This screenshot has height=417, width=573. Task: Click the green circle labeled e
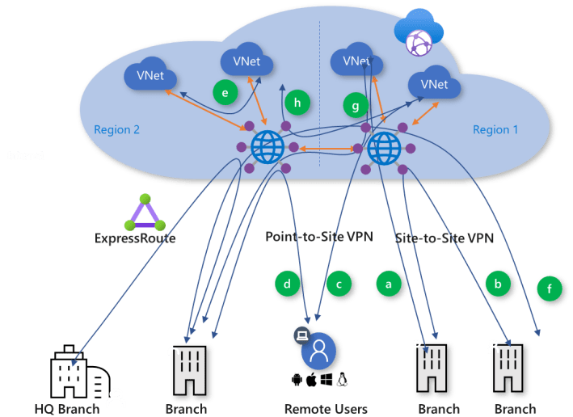[225, 93]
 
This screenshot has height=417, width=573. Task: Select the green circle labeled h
[297, 103]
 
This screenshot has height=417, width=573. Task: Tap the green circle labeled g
[355, 105]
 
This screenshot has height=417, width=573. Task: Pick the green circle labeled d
[287, 283]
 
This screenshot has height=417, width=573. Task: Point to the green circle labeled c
[339, 284]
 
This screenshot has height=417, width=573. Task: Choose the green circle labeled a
[388, 284]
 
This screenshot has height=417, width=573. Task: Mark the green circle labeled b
[498, 283]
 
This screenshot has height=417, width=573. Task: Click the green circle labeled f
[550, 288]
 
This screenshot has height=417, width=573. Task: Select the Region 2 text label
[116, 129]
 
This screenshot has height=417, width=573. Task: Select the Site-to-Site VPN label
[444, 238]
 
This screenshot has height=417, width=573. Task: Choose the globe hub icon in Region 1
[384, 148]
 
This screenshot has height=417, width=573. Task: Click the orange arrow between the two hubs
[325, 150]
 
